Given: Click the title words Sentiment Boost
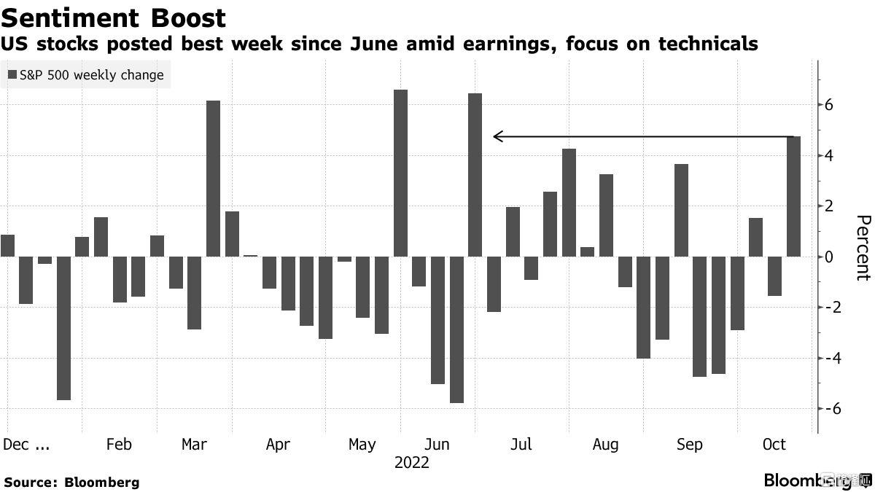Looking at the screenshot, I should pyautogui.click(x=113, y=17).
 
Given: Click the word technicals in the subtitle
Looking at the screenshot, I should pyautogui.click(x=707, y=44).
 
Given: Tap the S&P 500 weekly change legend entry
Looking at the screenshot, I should pyautogui.click(x=86, y=74).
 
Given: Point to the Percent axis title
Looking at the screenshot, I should pyautogui.click(x=863, y=248).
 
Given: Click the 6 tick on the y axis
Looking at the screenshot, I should pyautogui.click(x=829, y=105).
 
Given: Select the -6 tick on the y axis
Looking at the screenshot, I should pyautogui.click(x=825, y=409).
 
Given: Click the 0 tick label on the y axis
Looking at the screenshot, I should pyautogui.click(x=829, y=257).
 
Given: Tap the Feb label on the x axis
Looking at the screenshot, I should pyautogui.click(x=119, y=444).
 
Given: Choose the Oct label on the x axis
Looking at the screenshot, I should pyautogui.click(x=774, y=444).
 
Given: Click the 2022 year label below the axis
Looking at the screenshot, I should pyautogui.click(x=412, y=463).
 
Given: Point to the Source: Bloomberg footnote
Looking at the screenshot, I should pyautogui.click(x=71, y=482).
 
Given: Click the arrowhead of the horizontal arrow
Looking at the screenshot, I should pyautogui.click(x=497, y=136).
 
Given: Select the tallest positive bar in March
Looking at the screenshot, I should pyautogui.click(x=213, y=179).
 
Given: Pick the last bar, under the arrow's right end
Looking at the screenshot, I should pyautogui.click(x=793, y=196).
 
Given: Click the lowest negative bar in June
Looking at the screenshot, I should pyautogui.click(x=456, y=329).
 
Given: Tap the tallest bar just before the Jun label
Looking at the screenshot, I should pyautogui.click(x=400, y=173).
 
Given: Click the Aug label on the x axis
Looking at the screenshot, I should pyautogui.click(x=605, y=444).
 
